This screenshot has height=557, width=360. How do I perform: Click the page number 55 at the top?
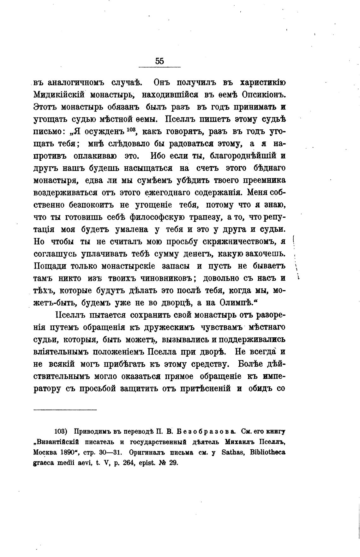pyautogui.click(x=159, y=61)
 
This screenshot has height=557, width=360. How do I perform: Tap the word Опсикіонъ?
pyautogui.click(x=264, y=95)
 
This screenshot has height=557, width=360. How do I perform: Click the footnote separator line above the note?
pyautogui.click(x=65, y=410)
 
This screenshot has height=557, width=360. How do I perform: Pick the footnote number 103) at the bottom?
pyautogui.click(x=60, y=431)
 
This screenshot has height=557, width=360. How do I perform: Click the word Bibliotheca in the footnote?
pyautogui.click(x=267, y=452)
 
